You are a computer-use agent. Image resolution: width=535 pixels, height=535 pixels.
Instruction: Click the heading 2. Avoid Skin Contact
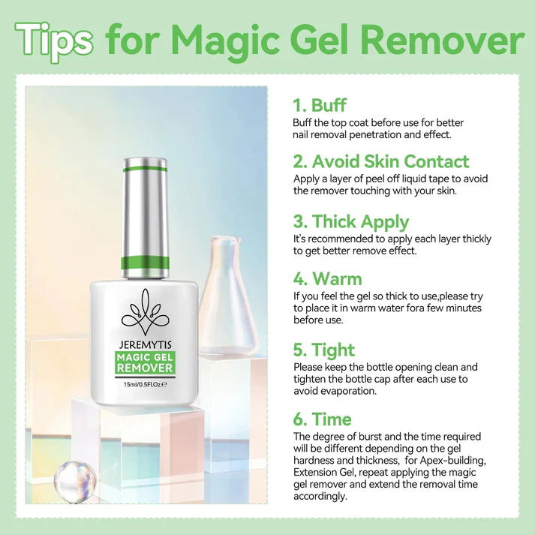(x=380, y=161)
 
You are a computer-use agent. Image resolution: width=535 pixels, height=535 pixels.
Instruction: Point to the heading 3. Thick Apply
(x=350, y=221)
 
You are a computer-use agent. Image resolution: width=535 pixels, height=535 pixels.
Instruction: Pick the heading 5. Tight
(x=323, y=350)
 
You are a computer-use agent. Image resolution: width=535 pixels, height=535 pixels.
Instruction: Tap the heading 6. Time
(x=322, y=419)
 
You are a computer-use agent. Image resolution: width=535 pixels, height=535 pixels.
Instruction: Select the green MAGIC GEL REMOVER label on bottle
(x=146, y=363)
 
